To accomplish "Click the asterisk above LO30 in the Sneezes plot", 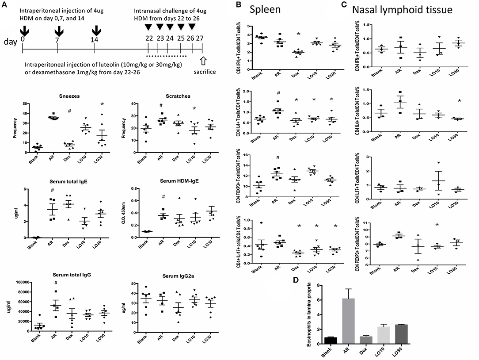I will coord(102,104).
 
